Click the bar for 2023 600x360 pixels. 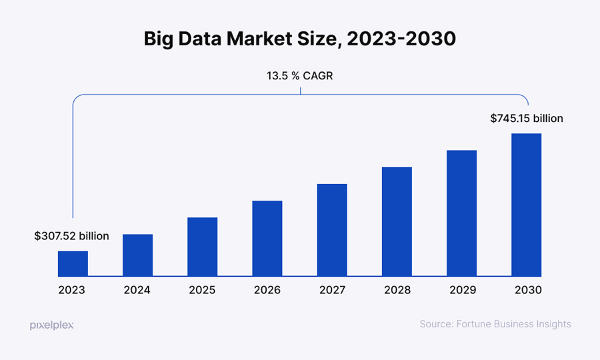(73, 263)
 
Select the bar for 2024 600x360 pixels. (137, 255)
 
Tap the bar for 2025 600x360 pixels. (202, 247)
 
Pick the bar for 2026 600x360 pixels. (267, 238)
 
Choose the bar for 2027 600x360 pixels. (332, 230)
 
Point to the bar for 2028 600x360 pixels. (397, 221)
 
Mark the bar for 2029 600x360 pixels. (461, 213)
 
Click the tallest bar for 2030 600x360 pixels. (526, 205)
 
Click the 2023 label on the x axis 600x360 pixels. (72, 290)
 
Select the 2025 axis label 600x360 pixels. (202, 290)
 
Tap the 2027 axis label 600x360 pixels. (332, 290)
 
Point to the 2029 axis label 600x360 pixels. (461, 290)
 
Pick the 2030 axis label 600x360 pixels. (527, 290)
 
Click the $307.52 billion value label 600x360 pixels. (71, 236)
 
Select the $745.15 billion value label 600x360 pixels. (527, 119)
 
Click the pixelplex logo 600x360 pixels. (51, 325)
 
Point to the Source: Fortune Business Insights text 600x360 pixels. (495, 324)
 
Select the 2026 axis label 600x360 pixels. (267, 290)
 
